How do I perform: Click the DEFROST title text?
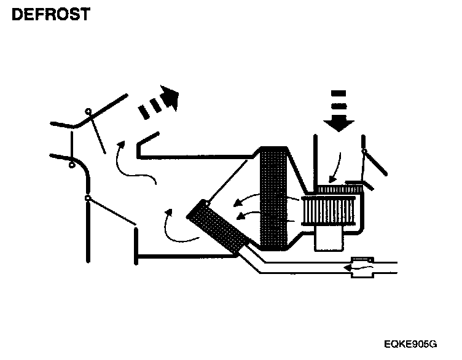click(x=50, y=15)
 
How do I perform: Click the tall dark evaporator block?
click(x=273, y=200)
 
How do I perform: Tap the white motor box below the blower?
click(x=330, y=238)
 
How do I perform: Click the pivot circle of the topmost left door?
click(x=88, y=111)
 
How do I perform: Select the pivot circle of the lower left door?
click(x=88, y=198)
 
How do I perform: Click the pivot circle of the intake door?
click(x=365, y=151)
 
